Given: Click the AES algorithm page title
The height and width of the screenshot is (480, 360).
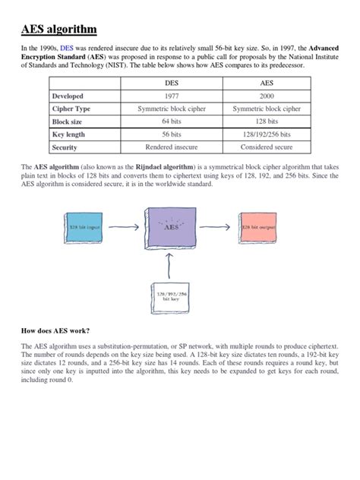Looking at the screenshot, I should click(x=58, y=30).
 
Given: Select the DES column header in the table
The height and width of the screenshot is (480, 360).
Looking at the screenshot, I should click(x=175, y=83).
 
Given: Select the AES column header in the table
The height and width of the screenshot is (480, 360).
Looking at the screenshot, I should click(x=267, y=83).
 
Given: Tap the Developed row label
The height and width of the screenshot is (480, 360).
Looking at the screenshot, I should click(x=68, y=96).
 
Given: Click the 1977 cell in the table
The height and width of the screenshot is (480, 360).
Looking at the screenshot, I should click(x=175, y=96).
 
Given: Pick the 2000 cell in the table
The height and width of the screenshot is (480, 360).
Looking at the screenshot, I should click(x=267, y=96).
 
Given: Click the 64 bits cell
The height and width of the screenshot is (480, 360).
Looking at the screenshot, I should click(x=175, y=122).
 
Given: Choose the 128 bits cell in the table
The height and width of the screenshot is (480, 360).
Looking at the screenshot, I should click(x=267, y=122).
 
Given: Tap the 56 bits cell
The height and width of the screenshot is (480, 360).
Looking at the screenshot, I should click(x=175, y=134).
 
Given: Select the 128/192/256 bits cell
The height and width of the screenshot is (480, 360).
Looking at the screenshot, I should click(x=267, y=134).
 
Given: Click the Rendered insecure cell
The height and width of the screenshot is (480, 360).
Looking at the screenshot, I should click(x=175, y=147).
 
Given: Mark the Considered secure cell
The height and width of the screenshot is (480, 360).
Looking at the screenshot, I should click(x=267, y=147).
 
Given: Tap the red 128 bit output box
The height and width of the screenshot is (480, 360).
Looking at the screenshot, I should click(x=261, y=227).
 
